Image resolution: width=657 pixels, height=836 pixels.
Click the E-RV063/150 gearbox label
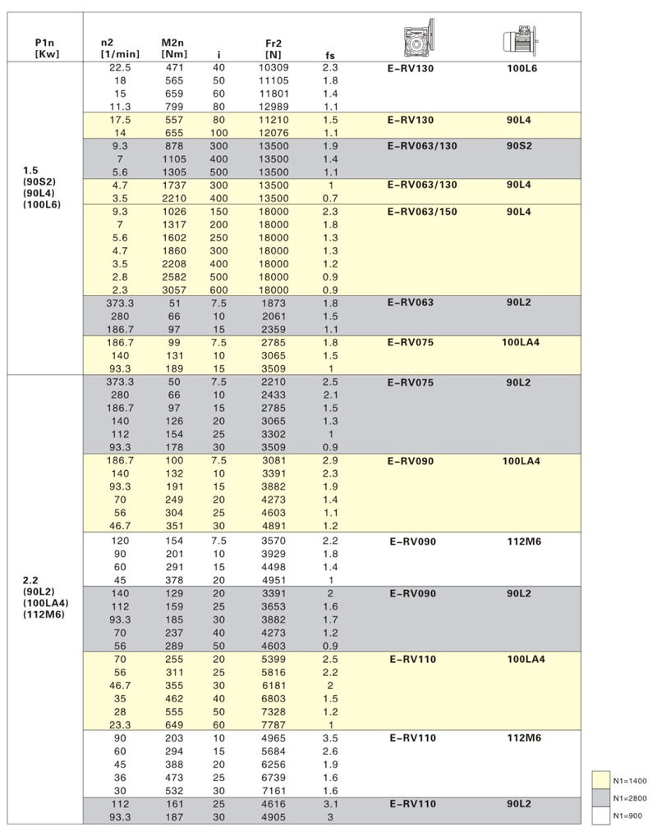[422, 212]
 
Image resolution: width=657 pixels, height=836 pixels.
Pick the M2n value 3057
[175, 290]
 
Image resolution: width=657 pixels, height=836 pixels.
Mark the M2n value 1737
[175, 185]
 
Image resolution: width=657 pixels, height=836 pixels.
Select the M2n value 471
[175, 67]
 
